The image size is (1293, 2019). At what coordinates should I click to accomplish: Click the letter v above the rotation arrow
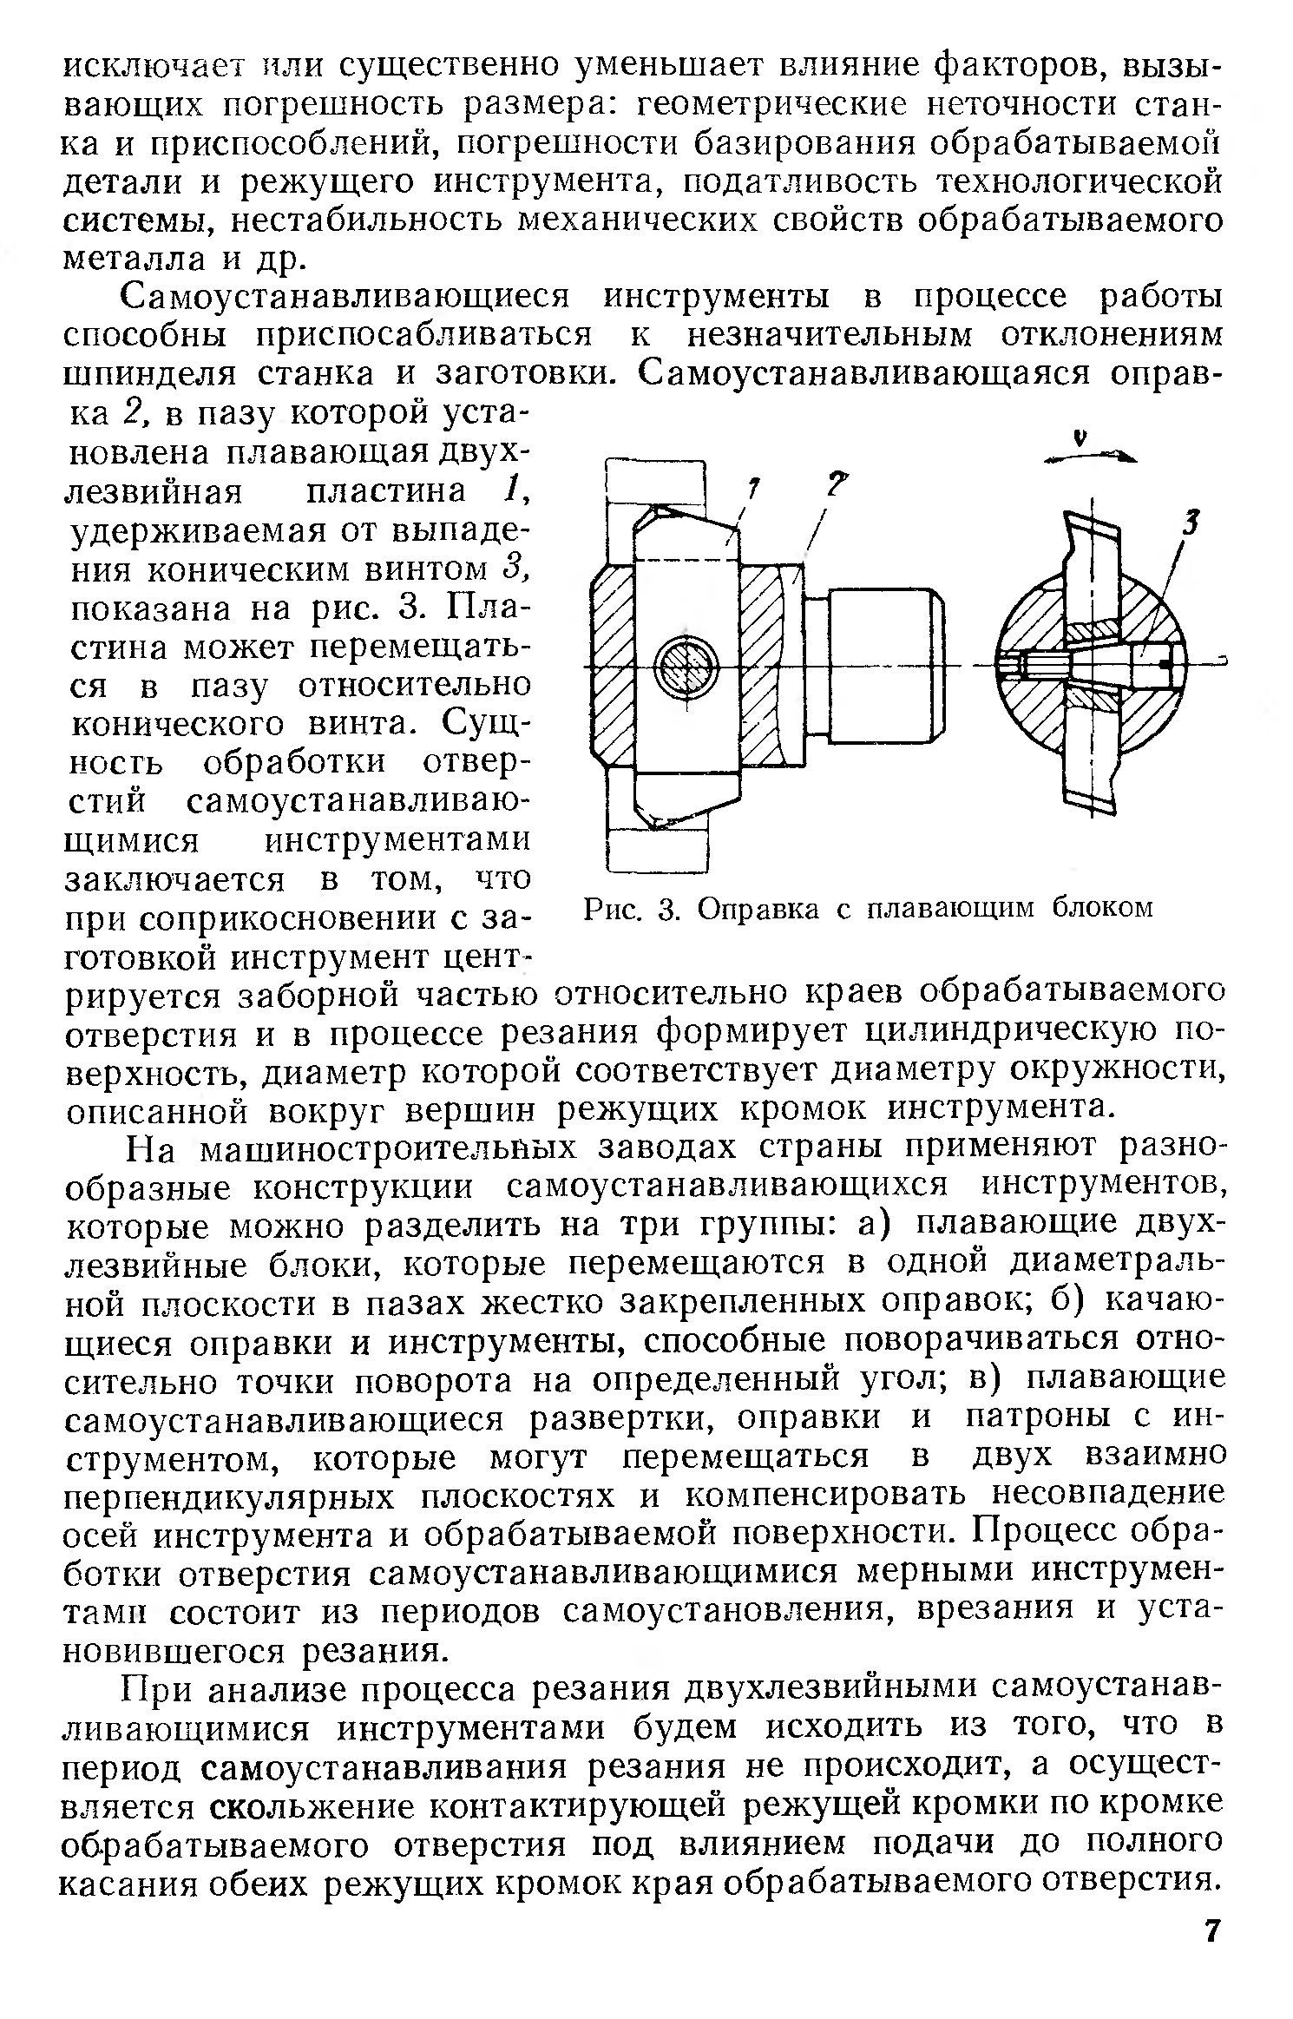click(1080, 438)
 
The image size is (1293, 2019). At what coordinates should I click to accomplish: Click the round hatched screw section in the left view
click(686, 668)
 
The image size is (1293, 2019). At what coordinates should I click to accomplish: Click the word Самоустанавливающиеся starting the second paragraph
click(345, 298)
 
